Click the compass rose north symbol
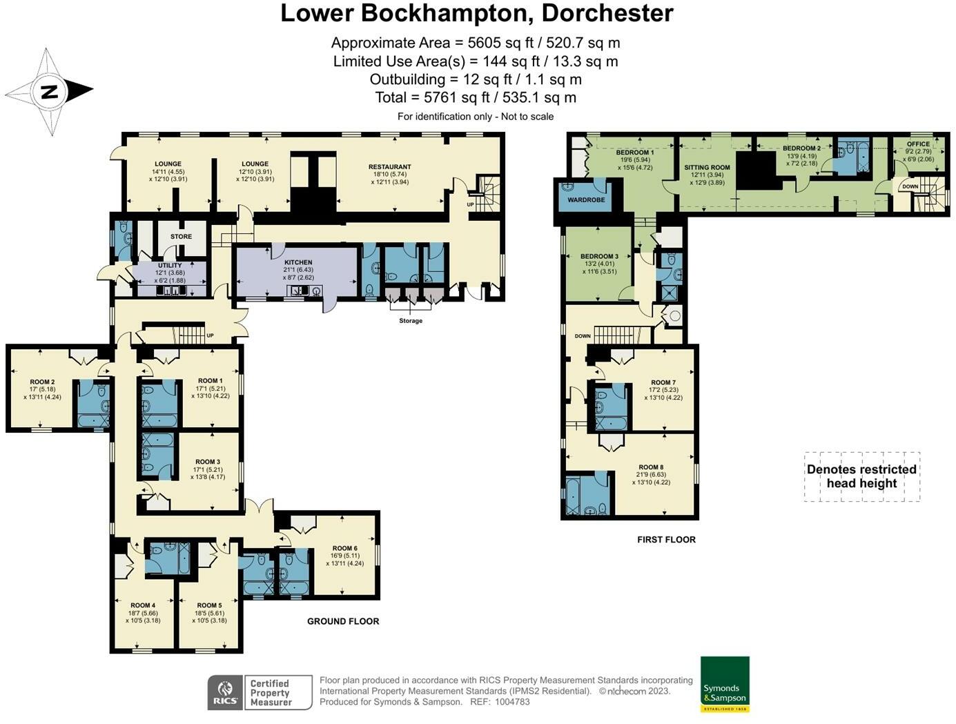point(49,91)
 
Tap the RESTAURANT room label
point(389,167)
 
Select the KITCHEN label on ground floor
point(298,262)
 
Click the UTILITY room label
point(170,265)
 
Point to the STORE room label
point(181,237)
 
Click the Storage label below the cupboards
point(410,321)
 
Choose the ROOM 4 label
point(142,605)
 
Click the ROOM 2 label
point(42,382)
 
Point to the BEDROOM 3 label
point(599,256)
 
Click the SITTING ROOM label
point(707,168)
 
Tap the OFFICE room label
point(918,144)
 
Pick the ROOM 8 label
point(651,467)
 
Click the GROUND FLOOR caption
point(343,621)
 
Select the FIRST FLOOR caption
point(666,540)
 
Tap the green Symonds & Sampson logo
point(725,684)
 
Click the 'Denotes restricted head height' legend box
point(861,476)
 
